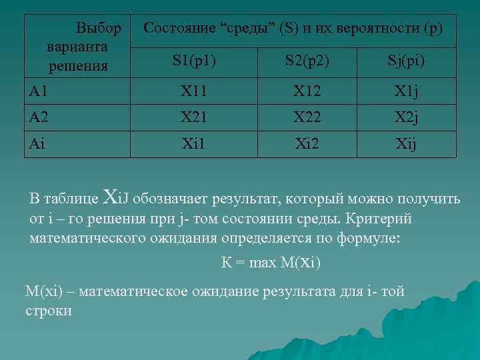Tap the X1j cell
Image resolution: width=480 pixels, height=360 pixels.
(x=406, y=91)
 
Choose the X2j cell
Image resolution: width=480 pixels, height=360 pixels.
(x=406, y=117)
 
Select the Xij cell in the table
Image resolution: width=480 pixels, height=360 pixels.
(x=406, y=143)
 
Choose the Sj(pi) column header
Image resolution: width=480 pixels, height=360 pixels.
(x=406, y=61)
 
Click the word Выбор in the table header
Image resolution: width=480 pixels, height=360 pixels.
(x=99, y=29)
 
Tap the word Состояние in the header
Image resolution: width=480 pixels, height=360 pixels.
(x=178, y=29)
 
